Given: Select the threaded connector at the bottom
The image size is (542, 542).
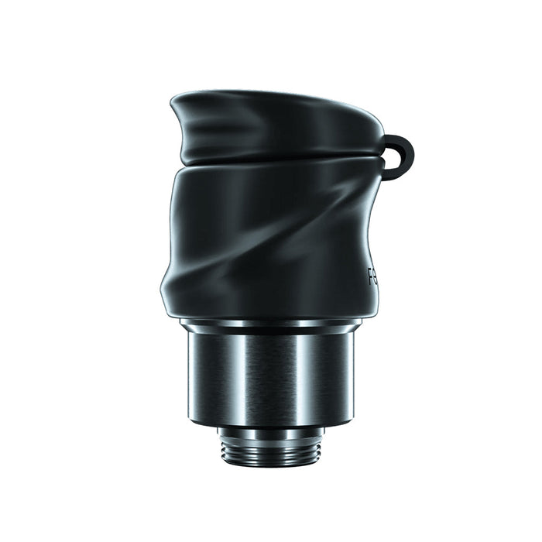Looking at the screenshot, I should pyautogui.click(x=270, y=450).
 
